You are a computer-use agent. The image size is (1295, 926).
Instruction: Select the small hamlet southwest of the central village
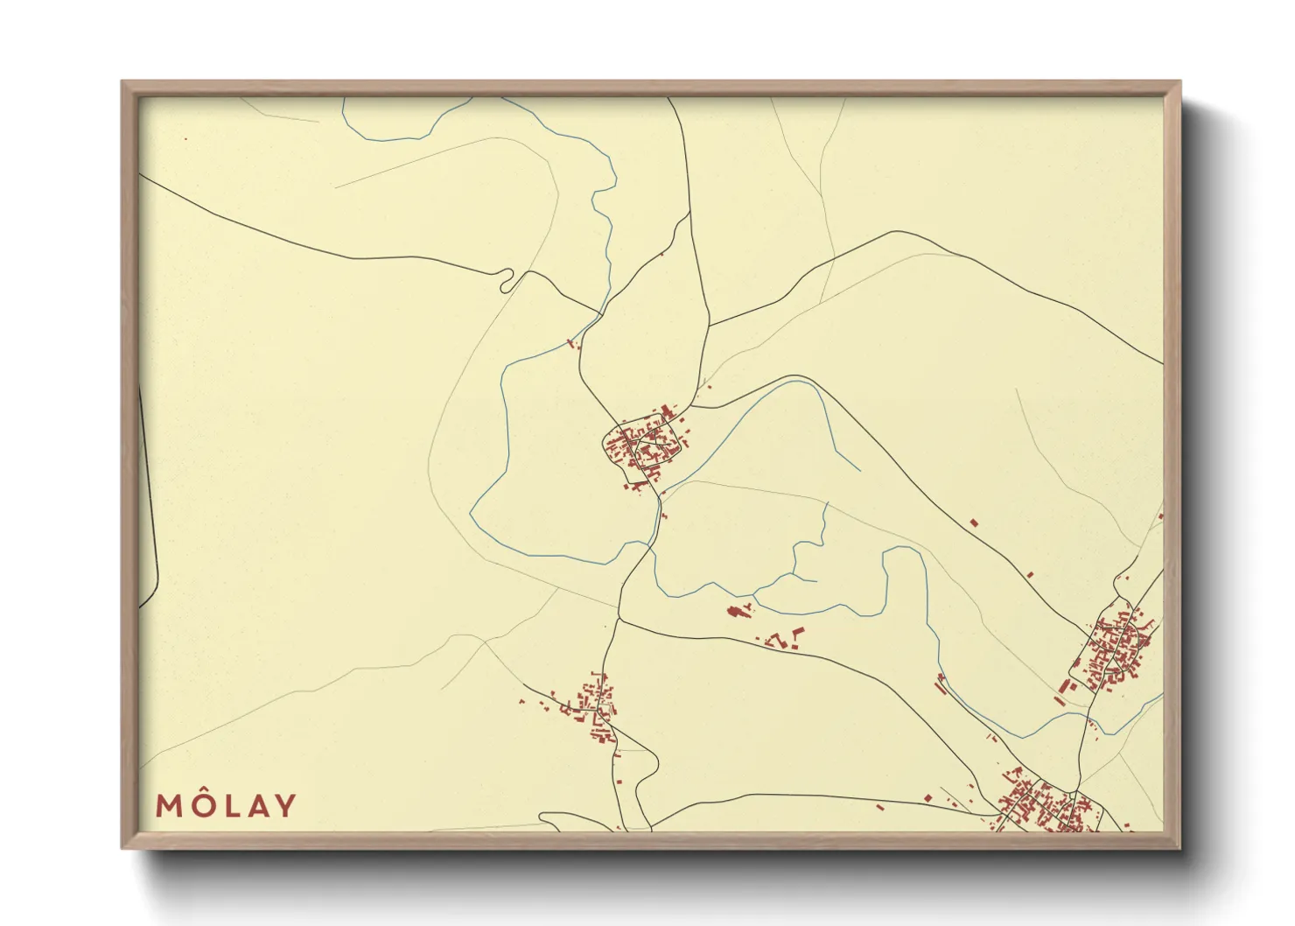591,707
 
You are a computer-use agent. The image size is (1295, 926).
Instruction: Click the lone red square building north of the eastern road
974,523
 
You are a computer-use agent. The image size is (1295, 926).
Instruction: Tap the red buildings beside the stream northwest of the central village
574,344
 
